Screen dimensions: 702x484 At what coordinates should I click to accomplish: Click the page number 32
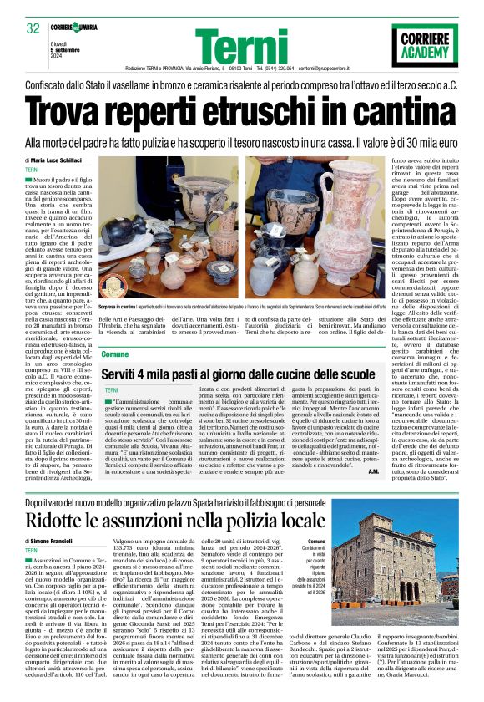(x=34, y=29)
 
